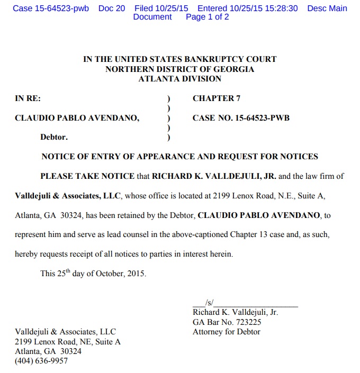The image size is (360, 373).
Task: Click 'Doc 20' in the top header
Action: (x=112, y=8)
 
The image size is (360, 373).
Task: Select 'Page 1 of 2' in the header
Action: (x=208, y=17)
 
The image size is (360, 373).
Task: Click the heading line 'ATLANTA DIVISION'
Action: (x=179, y=79)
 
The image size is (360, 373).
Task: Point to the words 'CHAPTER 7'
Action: (x=213, y=98)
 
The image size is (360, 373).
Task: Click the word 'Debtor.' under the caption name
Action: (x=54, y=137)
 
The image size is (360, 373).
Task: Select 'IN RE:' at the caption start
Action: (x=28, y=98)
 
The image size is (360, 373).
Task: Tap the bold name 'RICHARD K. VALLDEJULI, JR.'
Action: (x=214, y=176)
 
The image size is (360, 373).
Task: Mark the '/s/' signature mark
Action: (x=209, y=303)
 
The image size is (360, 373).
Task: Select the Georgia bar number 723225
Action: (x=246, y=322)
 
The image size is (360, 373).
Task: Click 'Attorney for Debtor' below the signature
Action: (x=226, y=332)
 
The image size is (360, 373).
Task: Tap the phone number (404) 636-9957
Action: (x=41, y=361)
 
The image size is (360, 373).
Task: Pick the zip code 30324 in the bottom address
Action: (x=71, y=351)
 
